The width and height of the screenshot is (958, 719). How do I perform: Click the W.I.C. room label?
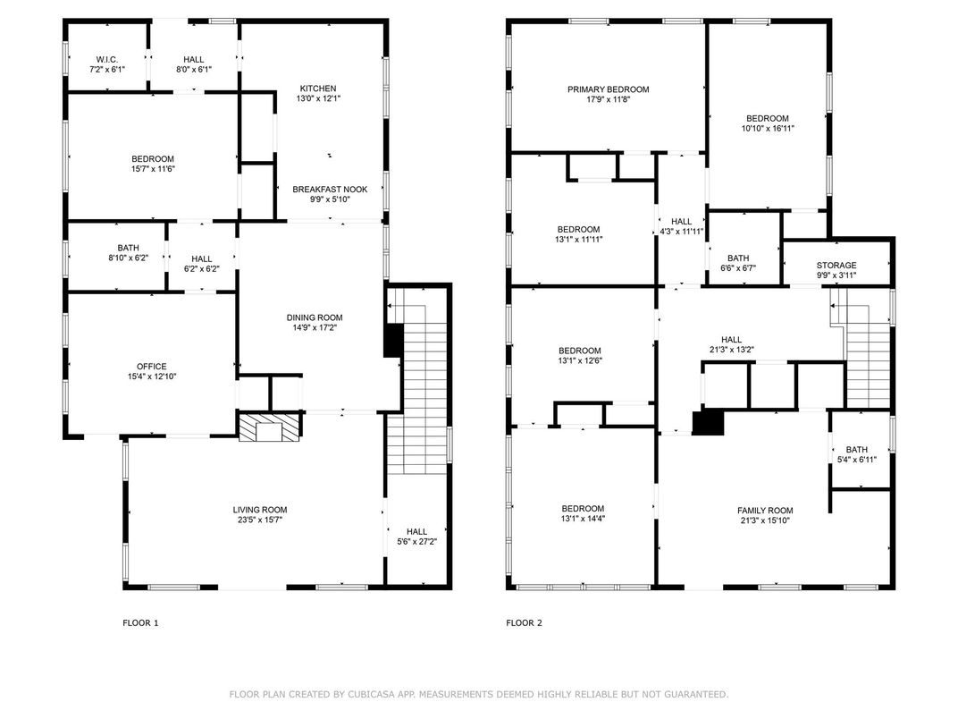tap(107, 59)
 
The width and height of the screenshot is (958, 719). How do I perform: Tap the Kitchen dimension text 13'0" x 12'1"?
tap(318, 98)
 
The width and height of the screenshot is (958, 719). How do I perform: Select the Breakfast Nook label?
tap(330, 190)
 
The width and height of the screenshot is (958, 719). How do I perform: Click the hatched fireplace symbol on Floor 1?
tap(270, 427)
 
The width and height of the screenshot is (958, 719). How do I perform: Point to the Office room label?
tap(152, 367)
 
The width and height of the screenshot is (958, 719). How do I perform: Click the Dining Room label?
tap(315, 317)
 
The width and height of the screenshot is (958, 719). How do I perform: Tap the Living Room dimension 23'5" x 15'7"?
tap(260, 520)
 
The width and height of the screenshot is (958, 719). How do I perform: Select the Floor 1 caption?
tap(140, 623)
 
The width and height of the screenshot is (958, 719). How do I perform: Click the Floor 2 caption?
tap(525, 623)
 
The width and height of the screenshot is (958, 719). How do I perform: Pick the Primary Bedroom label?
tap(608, 89)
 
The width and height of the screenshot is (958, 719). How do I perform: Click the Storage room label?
tap(836, 266)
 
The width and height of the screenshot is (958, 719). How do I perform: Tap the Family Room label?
tap(765, 511)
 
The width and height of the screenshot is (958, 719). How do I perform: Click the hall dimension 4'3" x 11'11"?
tap(682, 232)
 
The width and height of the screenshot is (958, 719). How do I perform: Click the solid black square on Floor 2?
tap(708, 423)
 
